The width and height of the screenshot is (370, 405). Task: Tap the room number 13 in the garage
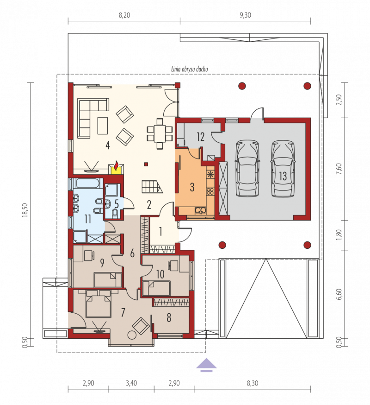click(283, 176)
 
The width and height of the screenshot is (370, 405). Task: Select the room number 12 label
click(200, 137)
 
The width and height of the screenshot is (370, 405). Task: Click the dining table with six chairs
click(160, 133)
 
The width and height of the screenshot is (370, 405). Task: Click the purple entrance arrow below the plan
click(206, 365)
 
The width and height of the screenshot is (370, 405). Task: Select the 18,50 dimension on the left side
click(25, 210)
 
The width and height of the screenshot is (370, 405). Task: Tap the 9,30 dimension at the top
click(245, 15)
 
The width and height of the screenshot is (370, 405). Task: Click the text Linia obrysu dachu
click(190, 69)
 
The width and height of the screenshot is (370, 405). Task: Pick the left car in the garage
click(247, 169)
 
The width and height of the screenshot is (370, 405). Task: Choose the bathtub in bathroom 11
click(88, 183)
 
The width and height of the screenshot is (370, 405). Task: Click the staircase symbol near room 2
click(152, 186)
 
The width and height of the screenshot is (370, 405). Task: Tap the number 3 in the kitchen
click(192, 187)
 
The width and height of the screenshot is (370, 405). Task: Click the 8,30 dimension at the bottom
click(253, 383)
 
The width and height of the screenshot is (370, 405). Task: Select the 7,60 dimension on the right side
click(339, 169)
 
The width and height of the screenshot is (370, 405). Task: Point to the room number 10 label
click(160, 274)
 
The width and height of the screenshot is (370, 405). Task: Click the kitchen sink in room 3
click(200, 210)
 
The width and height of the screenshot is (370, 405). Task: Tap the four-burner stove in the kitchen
click(210, 191)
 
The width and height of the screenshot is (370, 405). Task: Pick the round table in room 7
click(132, 335)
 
